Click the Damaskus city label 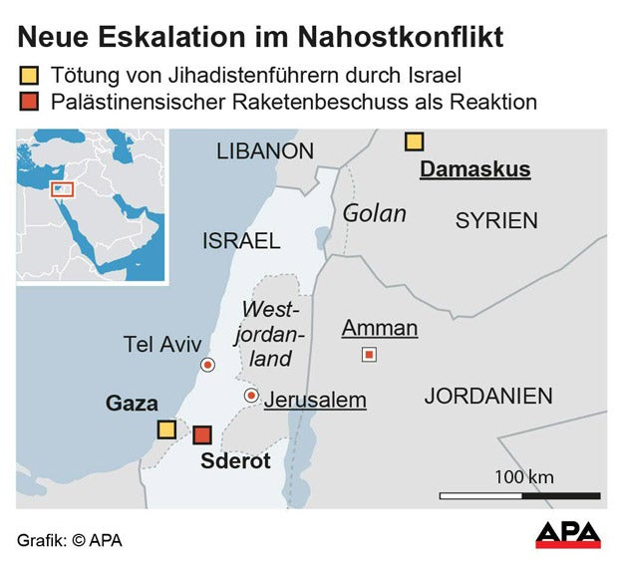coord(474,169)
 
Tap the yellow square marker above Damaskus coord(414,141)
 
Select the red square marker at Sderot coord(202,435)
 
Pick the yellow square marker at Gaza coord(166,429)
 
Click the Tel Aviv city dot coord(207,365)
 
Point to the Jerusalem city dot coord(251,397)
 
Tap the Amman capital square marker coord(369,354)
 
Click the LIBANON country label coord(265,151)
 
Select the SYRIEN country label coord(496,221)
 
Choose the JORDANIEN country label coord(488,396)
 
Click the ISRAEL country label coord(241,241)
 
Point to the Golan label coord(375,213)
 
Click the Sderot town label coord(236,461)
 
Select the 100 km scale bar coord(519,494)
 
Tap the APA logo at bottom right coord(568,535)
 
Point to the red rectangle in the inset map coord(62,189)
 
